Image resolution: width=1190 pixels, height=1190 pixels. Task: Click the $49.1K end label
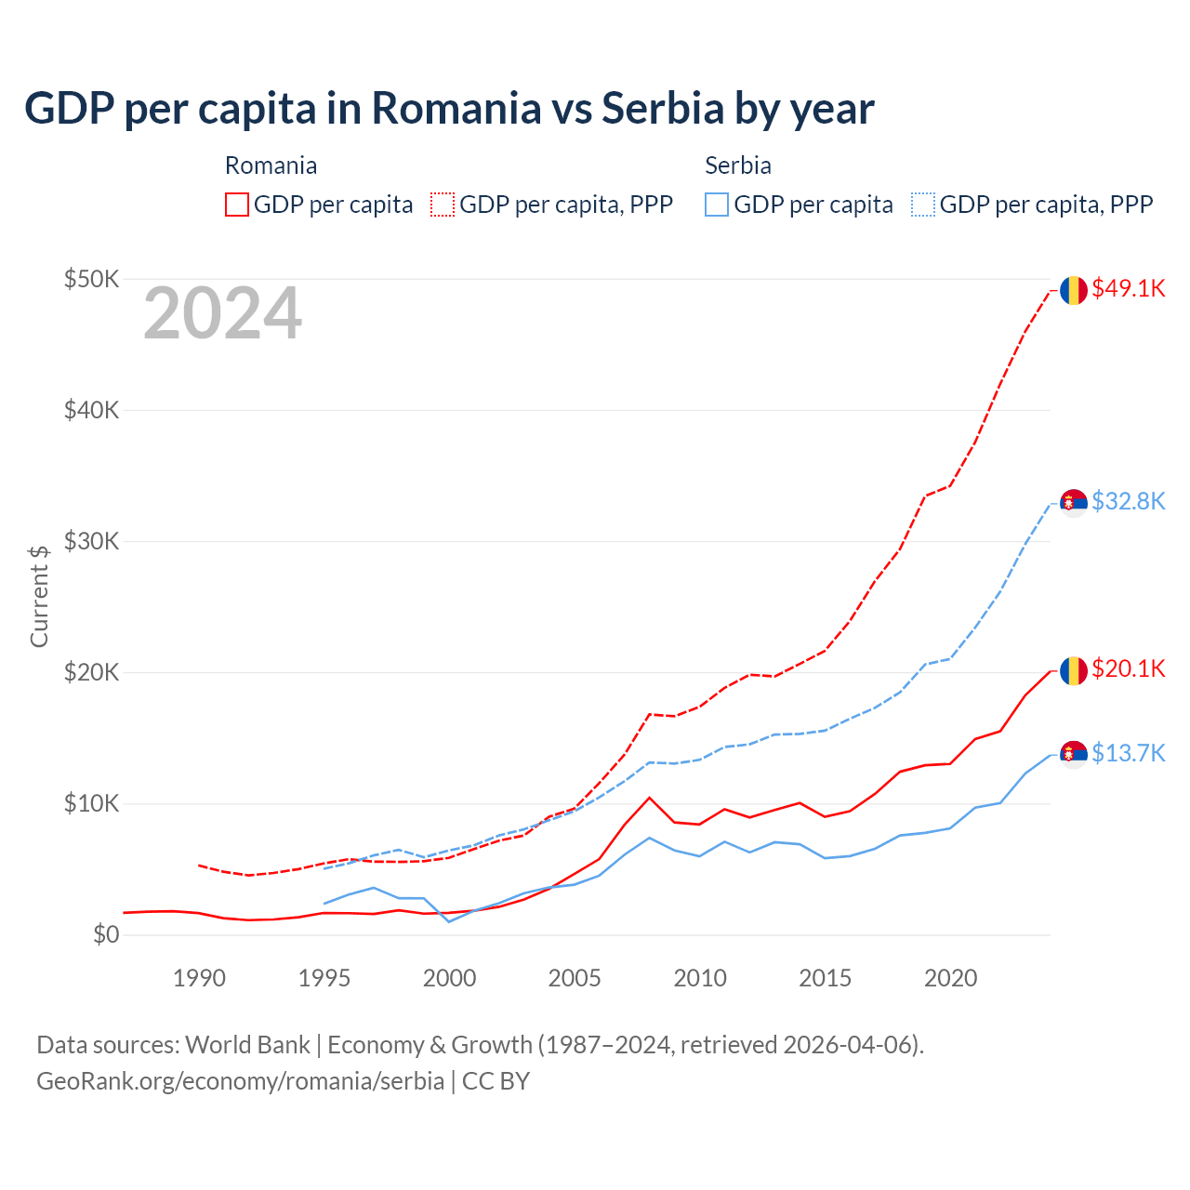[1128, 289]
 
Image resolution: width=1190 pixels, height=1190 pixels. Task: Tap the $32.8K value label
[1128, 502]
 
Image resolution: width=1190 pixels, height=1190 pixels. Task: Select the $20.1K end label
[1128, 669]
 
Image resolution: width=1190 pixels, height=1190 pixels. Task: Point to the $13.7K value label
[1128, 753]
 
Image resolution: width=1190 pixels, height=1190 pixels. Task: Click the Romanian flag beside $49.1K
[1074, 290]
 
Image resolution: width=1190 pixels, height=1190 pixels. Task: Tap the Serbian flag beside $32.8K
[1074, 503]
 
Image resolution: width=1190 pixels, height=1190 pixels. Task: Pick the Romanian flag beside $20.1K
[1074, 670]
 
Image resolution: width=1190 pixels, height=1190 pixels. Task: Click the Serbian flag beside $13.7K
[1074, 754]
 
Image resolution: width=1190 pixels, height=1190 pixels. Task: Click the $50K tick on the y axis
[91, 279]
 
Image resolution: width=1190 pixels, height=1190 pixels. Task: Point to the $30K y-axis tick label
[91, 541]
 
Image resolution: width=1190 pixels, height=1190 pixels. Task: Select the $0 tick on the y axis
[106, 934]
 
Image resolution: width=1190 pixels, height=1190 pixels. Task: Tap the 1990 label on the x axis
[200, 978]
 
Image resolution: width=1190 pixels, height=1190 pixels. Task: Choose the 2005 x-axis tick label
[575, 978]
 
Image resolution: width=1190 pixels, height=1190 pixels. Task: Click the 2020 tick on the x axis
[950, 978]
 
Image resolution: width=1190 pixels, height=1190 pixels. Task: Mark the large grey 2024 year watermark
[222, 314]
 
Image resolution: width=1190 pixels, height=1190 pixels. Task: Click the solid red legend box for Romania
[237, 205]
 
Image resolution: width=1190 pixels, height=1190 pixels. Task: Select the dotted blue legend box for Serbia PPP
[923, 205]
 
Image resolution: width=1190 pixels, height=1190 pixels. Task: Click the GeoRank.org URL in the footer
[240, 1081]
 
